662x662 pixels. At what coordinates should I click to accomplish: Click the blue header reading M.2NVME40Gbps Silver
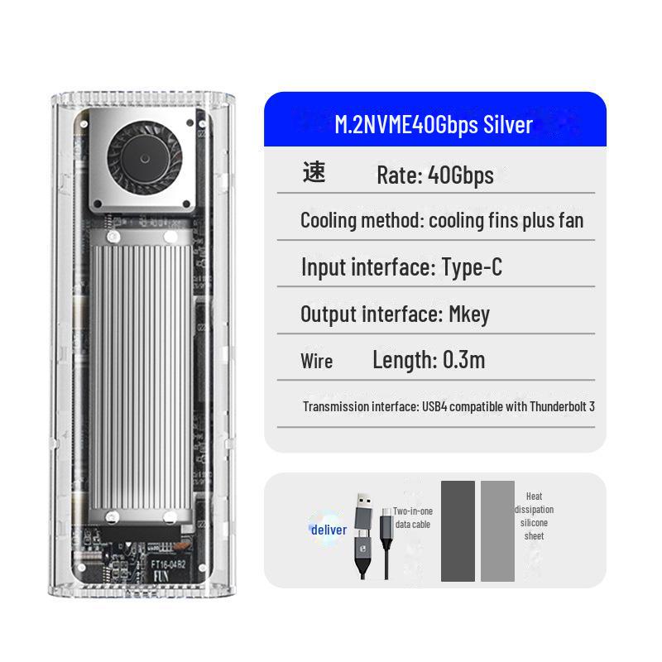click(434, 124)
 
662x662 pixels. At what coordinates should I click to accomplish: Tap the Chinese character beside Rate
click(314, 173)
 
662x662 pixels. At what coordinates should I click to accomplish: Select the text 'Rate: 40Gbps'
click(434, 175)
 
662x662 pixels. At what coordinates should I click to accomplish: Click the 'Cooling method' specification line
click(441, 221)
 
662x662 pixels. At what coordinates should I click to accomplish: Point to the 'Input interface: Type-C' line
click(401, 267)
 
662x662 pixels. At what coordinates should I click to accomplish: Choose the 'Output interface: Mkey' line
click(395, 314)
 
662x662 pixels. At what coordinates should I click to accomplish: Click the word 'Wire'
click(317, 362)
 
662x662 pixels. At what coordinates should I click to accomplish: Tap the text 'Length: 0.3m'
click(428, 360)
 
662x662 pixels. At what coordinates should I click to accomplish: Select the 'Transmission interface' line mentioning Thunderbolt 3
click(448, 406)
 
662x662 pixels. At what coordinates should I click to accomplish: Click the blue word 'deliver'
click(329, 530)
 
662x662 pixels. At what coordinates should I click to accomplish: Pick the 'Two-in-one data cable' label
click(412, 518)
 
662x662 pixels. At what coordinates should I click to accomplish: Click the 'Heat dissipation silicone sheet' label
click(534, 516)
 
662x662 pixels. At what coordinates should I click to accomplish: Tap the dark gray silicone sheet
click(458, 530)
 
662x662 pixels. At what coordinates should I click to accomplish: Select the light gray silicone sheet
click(497, 530)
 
